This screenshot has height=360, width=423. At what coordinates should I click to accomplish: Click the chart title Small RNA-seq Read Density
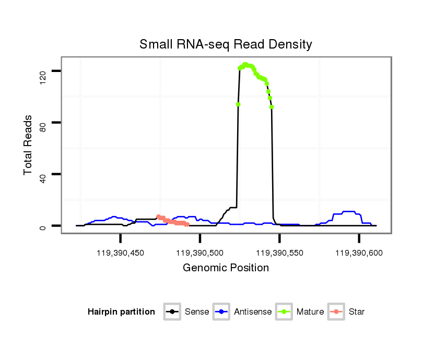[226, 44]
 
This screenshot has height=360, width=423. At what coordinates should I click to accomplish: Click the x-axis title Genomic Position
[226, 268]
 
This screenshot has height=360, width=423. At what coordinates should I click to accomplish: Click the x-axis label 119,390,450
[121, 253]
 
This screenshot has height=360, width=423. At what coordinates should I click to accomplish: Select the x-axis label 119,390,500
[200, 253]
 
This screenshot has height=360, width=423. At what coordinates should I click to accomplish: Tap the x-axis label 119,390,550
[279, 253]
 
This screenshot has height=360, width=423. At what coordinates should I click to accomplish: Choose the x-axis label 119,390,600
[359, 253]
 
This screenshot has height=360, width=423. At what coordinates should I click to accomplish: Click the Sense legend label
[197, 312]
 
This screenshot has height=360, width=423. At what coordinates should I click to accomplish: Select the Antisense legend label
[253, 312]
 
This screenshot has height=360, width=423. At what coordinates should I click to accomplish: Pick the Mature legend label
[310, 312]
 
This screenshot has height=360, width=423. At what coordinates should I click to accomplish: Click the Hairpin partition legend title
[121, 312]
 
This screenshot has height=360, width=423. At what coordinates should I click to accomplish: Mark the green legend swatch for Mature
[285, 312]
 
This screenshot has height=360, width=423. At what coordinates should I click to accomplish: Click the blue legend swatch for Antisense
[222, 312]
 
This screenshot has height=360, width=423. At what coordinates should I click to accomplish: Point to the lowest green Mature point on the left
[238, 104]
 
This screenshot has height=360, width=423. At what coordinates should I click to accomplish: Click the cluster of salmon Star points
[172, 221]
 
